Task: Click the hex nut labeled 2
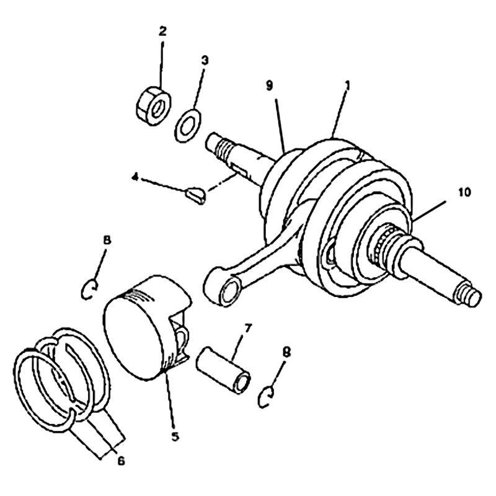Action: (x=154, y=105)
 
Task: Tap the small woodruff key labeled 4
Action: (x=195, y=195)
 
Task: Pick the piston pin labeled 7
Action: (x=223, y=369)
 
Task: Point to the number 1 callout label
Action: (x=347, y=86)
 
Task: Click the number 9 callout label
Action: (x=270, y=86)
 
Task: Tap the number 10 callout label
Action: (x=464, y=192)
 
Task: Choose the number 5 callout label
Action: (x=175, y=436)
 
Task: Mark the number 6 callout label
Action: (x=120, y=461)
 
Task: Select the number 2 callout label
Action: (x=162, y=31)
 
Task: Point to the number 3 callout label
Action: (x=205, y=60)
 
